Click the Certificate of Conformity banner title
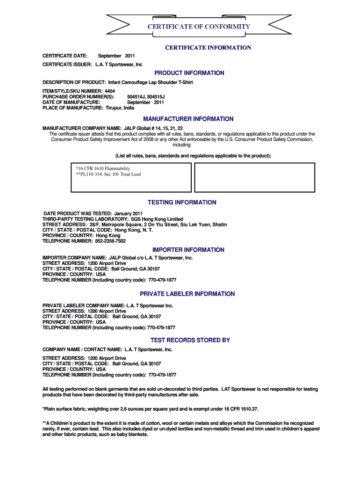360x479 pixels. point(199,27)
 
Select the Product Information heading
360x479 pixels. point(189,73)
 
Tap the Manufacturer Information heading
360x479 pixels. point(188,119)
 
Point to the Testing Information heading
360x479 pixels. point(182,203)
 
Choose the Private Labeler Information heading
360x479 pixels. point(187,294)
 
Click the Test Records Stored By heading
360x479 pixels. point(190,340)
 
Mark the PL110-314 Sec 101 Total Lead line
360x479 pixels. point(108,174)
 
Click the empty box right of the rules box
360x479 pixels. point(254,177)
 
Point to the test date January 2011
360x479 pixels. point(122,213)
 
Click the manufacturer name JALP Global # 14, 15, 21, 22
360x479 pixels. point(152,128)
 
